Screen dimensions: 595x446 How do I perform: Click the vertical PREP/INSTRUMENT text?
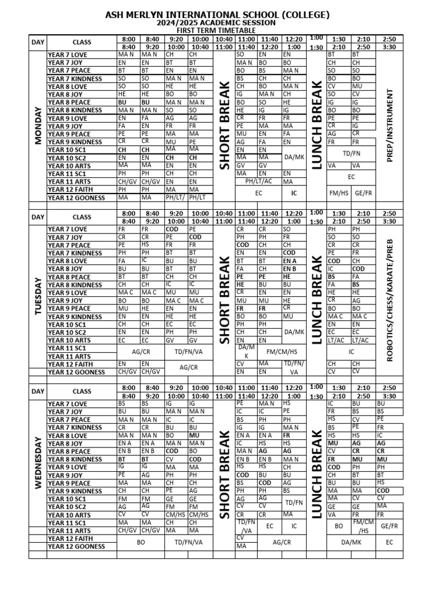(389, 126)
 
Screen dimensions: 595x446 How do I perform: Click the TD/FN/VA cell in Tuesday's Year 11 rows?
(188, 352)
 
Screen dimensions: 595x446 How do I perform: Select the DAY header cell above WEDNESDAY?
(38, 391)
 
